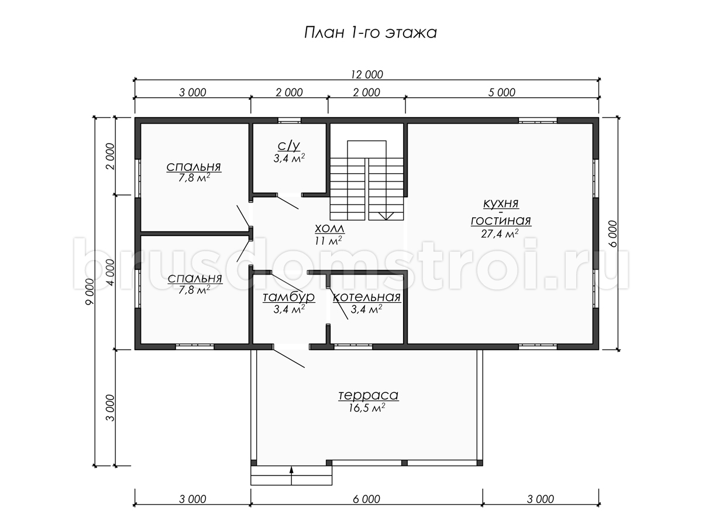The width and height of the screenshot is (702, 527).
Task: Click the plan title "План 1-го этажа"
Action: (370, 33)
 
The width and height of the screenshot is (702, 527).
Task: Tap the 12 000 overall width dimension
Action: (367, 74)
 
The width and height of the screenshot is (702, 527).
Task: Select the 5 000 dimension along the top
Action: (502, 93)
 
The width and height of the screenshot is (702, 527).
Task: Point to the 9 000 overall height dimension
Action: (90, 292)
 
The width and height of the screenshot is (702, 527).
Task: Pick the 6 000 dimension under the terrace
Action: (367, 499)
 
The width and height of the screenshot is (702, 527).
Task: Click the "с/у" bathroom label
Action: (289, 146)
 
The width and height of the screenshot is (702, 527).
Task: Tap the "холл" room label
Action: (329, 228)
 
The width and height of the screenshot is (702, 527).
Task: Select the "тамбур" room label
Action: (289, 297)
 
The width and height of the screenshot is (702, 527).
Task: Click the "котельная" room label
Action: (367, 297)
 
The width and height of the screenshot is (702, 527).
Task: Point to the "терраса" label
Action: (369, 395)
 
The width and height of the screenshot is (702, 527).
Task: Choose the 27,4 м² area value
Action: (500, 234)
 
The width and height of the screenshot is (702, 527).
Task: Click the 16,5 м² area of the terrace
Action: (367, 408)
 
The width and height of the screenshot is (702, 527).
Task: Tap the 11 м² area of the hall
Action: (328, 240)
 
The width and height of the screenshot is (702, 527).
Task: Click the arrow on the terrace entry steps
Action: (291, 476)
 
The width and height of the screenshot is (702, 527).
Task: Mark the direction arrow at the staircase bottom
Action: (386, 216)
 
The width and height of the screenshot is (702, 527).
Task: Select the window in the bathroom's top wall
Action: (289, 121)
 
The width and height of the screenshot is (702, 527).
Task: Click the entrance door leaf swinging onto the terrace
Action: (289, 358)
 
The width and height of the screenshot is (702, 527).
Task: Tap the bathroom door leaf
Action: (287, 202)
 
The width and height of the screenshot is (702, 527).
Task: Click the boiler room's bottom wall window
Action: (353, 347)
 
